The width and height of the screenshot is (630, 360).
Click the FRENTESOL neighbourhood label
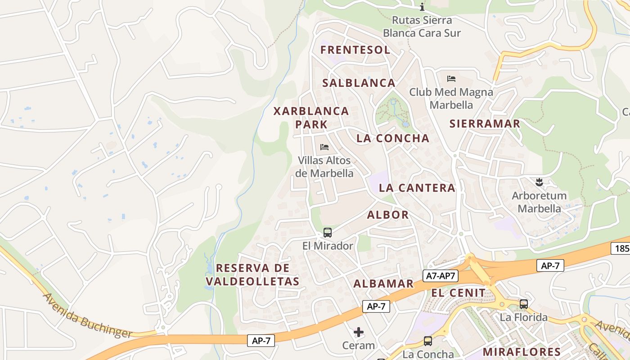coord(355,50)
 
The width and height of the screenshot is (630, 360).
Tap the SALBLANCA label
coord(359,83)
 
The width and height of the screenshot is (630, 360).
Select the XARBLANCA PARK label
coord(311,117)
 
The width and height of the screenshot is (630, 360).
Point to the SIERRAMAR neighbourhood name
coord(485,124)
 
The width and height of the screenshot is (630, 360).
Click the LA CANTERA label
coord(417,188)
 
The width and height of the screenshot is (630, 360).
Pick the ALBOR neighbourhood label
coord(388,215)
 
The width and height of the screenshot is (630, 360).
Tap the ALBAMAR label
coord(383,283)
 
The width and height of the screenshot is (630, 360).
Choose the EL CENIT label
coord(459,293)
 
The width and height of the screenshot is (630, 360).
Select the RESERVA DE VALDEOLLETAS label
coord(252,274)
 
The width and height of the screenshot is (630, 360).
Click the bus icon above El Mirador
coord(328,233)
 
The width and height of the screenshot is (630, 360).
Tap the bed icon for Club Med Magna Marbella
coord(451,79)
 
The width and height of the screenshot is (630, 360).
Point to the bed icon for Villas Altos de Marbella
coord(324,147)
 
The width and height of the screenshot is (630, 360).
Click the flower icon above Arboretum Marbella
coord(539,182)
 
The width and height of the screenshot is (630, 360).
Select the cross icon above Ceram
coord(359,333)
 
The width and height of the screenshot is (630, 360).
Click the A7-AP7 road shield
coord(440,276)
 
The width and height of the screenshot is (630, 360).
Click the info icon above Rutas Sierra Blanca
coord(422,7)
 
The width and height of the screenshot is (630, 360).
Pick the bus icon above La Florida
coord(524,304)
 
